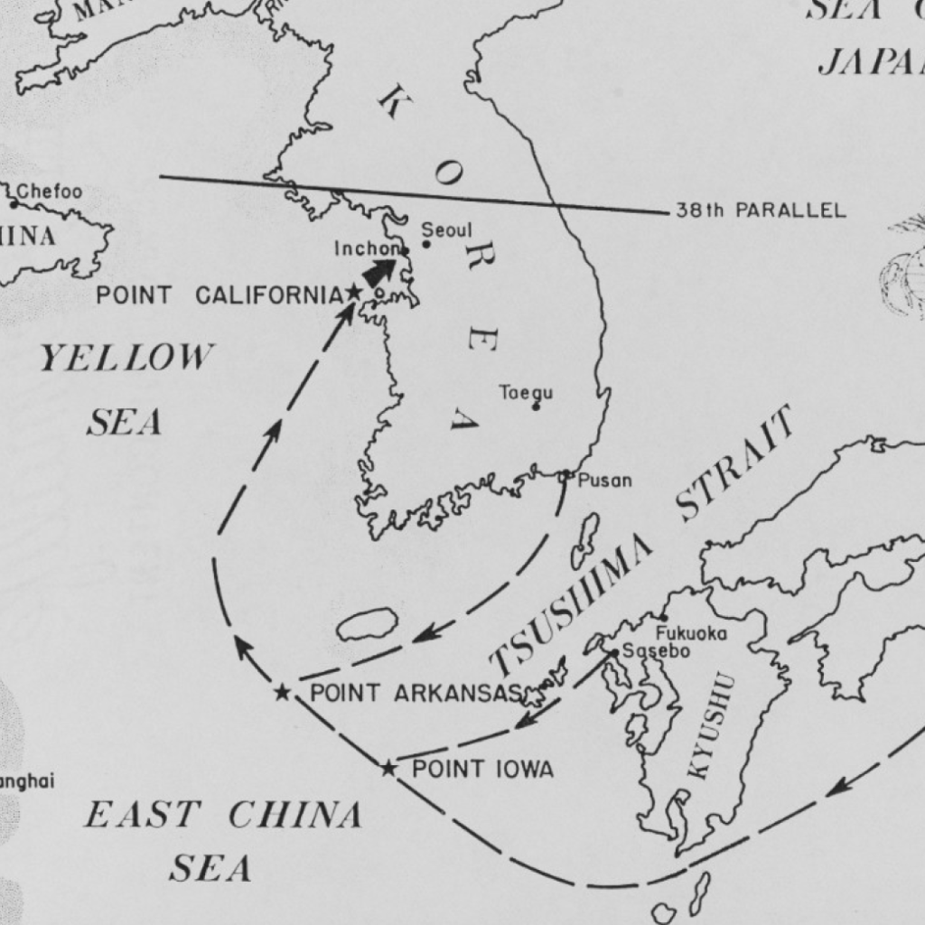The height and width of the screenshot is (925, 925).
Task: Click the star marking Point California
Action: point(353,293)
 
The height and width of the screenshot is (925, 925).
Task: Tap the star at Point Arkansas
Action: point(283,693)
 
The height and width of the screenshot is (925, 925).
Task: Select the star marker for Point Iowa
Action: point(388,769)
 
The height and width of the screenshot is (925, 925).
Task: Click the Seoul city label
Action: point(446,230)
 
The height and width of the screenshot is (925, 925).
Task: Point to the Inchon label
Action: point(367,248)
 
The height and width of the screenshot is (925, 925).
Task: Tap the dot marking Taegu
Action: point(536,406)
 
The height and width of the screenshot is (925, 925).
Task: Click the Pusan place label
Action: point(604,481)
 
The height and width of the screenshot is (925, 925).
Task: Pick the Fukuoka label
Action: point(691,633)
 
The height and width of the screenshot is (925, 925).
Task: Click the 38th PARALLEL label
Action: point(761,211)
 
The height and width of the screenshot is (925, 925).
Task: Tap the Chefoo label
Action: point(50,192)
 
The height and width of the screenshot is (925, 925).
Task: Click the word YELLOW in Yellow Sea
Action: point(126,359)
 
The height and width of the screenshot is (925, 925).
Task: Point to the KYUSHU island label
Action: point(711,726)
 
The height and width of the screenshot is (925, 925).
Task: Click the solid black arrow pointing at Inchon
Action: point(379,272)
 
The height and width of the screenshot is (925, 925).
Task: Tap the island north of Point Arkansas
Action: point(368,624)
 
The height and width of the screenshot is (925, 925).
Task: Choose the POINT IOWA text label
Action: point(482,770)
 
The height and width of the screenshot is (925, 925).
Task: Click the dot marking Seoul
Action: point(426,244)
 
